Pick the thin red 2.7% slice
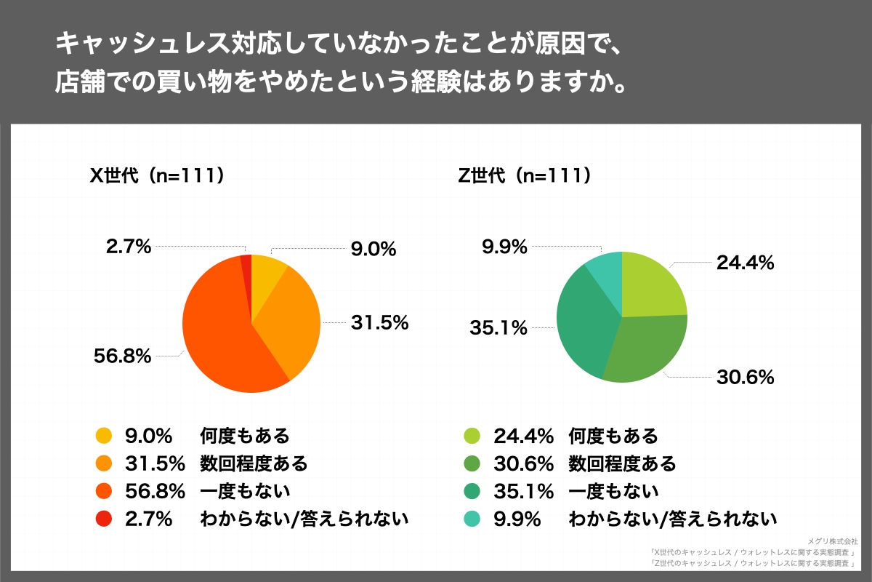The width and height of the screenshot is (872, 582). [246, 269]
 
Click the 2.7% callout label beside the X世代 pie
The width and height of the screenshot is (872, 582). [129, 247]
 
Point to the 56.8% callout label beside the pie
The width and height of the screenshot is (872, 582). [121, 356]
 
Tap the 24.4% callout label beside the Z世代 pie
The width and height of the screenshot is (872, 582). [744, 263]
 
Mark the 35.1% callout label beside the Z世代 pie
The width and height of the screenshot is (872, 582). [498, 328]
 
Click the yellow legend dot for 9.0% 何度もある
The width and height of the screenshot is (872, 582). [104, 436]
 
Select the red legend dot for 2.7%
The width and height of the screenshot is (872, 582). [104, 519]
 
